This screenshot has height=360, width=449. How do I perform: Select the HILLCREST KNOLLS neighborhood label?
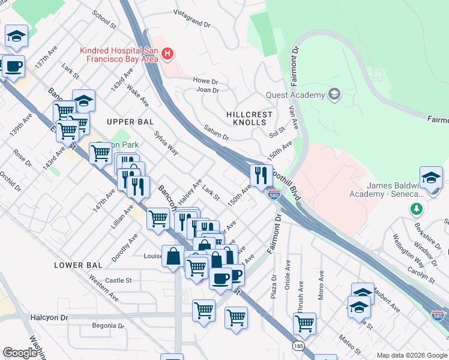tap(249, 118)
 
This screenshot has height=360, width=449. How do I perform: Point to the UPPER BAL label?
tap(127, 122)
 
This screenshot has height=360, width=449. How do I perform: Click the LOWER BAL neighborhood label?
tap(75, 265)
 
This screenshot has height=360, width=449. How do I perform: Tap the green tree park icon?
tap(416, 209)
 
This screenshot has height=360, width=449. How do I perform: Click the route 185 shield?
tap(298, 346)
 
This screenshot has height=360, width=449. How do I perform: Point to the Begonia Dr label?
tap(107, 327)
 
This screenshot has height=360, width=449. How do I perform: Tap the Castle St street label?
tap(118, 280)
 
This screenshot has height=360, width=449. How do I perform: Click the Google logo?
tap(20, 353)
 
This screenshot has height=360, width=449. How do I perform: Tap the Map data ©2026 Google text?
tap(411, 355)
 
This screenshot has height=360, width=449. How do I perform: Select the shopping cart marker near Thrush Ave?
tap(305, 324)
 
